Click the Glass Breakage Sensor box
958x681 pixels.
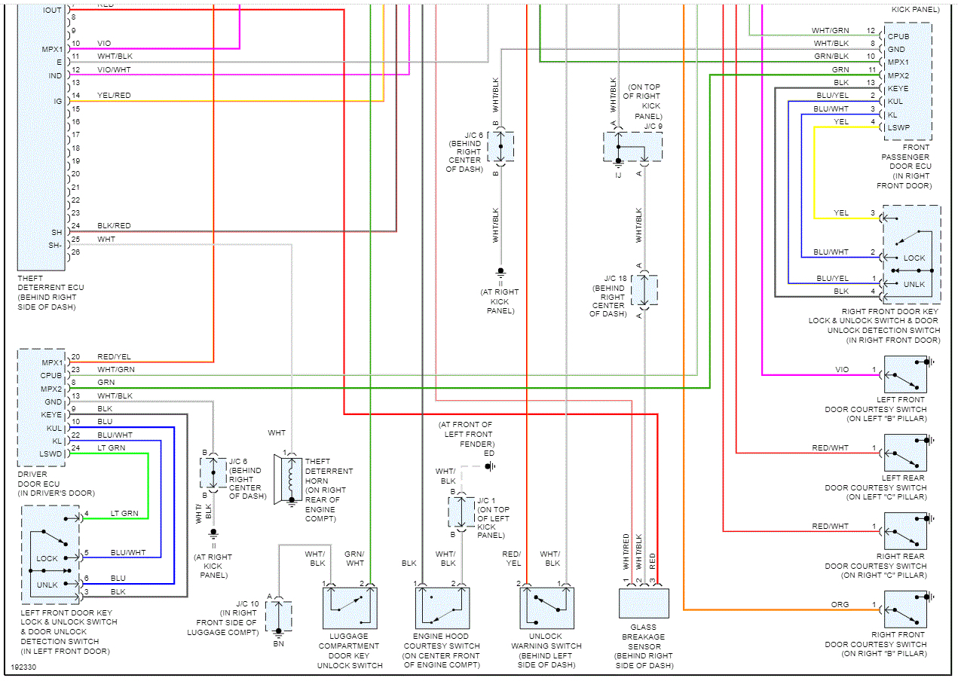pyautogui.click(x=644, y=603)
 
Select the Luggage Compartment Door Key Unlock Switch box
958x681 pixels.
pyautogui.click(x=350, y=608)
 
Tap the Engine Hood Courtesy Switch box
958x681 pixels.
pyautogui.click(x=441, y=608)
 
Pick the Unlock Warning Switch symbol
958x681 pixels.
pyautogui.click(x=546, y=608)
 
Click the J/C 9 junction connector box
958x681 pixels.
pyautogui.click(x=632, y=146)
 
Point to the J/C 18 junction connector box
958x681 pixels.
pyautogui.click(x=644, y=291)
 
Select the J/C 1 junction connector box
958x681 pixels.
pyautogui.click(x=461, y=512)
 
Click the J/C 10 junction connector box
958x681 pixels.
pyautogui.click(x=279, y=615)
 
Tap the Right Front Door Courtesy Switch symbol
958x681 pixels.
pyautogui.click(x=905, y=609)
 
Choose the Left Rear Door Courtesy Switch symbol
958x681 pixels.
pyautogui.click(x=905, y=453)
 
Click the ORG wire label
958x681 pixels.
pyautogui.click(x=840, y=604)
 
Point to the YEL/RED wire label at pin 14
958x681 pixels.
pyautogui.click(x=114, y=96)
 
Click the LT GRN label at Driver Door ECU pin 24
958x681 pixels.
pyautogui.click(x=111, y=447)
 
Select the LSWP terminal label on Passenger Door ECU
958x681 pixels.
pyautogui.click(x=899, y=127)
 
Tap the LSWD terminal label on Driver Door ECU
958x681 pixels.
pyautogui.click(x=51, y=453)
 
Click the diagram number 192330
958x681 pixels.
pyautogui.click(x=25, y=667)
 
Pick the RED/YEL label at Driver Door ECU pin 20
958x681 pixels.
pyautogui.click(x=114, y=356)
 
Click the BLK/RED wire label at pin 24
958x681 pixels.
pyautogui.click(x=114, y=226)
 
